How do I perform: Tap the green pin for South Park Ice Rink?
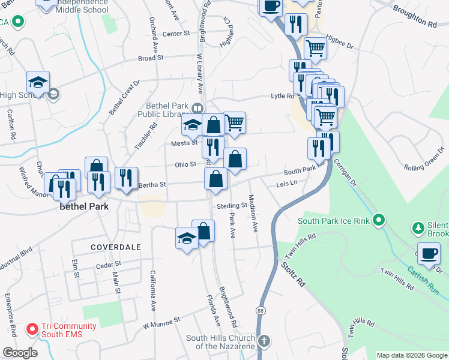[x=378, y=221]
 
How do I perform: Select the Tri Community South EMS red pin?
[x=31, y=329]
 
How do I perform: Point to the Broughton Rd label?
[x=416, y=17]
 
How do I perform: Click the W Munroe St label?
[x=161, y=324]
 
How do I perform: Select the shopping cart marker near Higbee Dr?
[x=315, y=47]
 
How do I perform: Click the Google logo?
[x=20, y=353]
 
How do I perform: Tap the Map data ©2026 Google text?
[x=412, y=355]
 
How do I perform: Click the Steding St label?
[x=232, y=206]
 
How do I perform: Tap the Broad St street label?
[x=151, y=58]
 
